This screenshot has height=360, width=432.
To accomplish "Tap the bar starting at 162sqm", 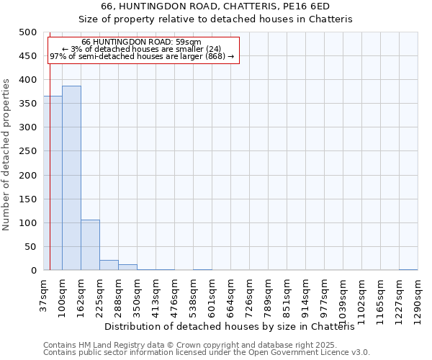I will (x=90, y=245).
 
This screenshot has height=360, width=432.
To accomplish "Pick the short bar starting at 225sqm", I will (x=109, y=265).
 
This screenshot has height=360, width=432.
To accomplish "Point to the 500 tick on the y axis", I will (x=27, y=32).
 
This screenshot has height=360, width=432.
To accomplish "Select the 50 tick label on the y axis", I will (x=30, y=247).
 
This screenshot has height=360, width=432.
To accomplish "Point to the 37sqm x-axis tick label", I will (x=43, y=295).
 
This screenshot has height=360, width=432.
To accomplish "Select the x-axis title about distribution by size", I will (x=235, y=326).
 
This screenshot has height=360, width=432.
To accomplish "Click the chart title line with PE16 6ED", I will (x=215, y=6).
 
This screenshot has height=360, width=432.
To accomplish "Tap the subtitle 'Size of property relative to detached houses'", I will (x=215, y=19).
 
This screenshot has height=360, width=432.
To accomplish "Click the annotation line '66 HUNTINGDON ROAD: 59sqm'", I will (x=141, y=42).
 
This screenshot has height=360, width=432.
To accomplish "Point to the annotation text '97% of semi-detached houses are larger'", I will (x=141, y=56).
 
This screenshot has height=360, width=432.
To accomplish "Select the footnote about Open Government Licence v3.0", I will (x=207, y=353).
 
